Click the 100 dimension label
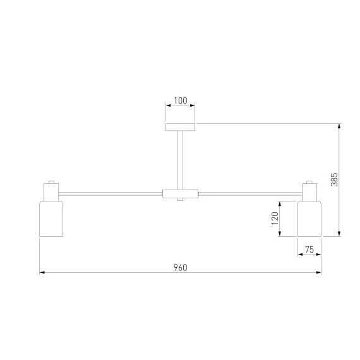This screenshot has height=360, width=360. [x=181, y=100]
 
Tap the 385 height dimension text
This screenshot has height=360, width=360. [x=334, y=179]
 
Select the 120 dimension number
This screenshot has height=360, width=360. [x=275, y=219]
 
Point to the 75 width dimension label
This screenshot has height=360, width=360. [x=309, y=249]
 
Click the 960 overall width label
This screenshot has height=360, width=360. [x=180, y=268]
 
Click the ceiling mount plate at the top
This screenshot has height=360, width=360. [x=180, y=127]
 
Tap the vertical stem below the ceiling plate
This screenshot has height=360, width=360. [x=180, y=160]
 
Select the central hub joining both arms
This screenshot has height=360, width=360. [x=180, y=193]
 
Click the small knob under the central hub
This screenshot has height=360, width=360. [x=180, y=200]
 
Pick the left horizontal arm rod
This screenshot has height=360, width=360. [x=111, y=194]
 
